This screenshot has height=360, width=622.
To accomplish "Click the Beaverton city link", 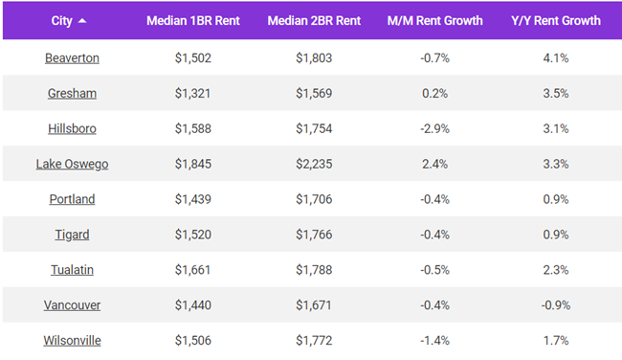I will coord(72,58).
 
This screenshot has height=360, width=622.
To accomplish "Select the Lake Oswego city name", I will coord(72,164).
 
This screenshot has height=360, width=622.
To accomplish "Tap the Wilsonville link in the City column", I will coord(72,340).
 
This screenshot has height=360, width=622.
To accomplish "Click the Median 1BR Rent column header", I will coord(192,20).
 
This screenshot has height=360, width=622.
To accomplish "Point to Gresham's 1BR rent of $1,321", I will coord(192,94).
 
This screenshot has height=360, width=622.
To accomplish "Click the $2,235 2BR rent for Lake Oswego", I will coord(316,164).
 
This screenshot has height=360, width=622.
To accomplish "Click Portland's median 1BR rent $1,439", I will coord(192,199).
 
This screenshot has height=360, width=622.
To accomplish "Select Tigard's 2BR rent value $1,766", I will coord(316,235).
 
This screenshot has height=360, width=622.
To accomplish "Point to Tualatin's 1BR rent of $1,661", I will coord(192,270).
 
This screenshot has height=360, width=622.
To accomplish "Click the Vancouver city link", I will coord(72,304).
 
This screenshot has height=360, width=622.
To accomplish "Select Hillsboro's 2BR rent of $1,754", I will coord(316,129).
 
